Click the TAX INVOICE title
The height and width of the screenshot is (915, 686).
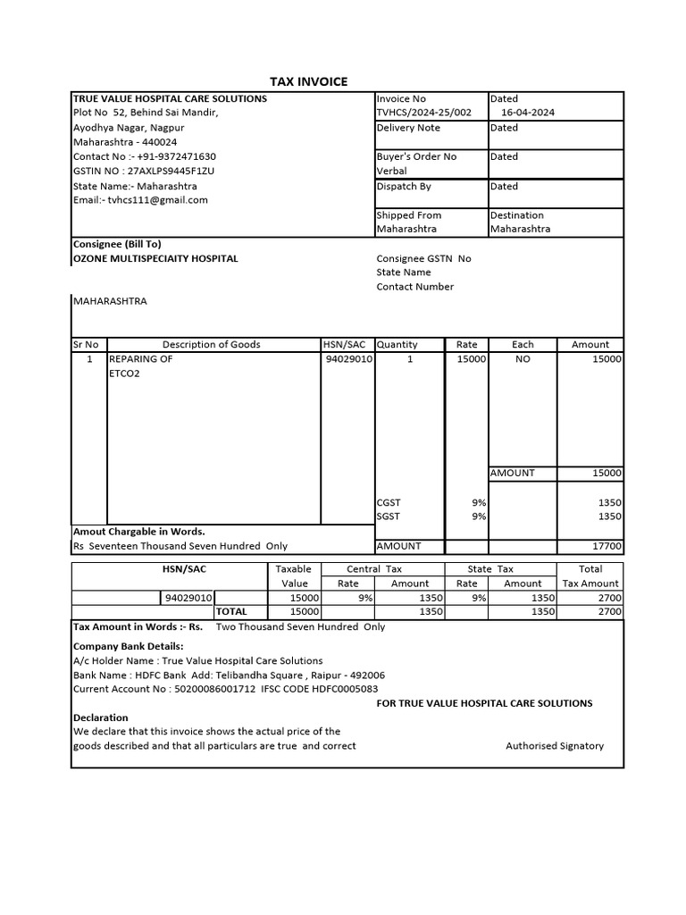point(308,82)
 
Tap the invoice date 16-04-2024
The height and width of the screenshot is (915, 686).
point(528,113)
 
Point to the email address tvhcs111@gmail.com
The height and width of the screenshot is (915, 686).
point(140,199)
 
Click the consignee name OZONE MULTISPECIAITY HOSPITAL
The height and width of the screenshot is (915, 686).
point(155,258)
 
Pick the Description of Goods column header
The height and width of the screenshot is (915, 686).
point(212,344)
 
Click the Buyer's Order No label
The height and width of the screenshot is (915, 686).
point(416,156)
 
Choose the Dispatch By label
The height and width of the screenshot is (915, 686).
point(404,186)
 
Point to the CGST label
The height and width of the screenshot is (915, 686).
point(389,503)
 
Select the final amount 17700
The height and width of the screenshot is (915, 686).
point(607,546)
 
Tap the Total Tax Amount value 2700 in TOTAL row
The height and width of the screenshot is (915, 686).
point(607,611)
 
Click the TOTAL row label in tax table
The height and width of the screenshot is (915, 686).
point(230,611)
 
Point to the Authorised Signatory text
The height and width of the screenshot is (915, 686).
point(555,745)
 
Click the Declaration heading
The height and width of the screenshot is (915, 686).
point(100,718)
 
